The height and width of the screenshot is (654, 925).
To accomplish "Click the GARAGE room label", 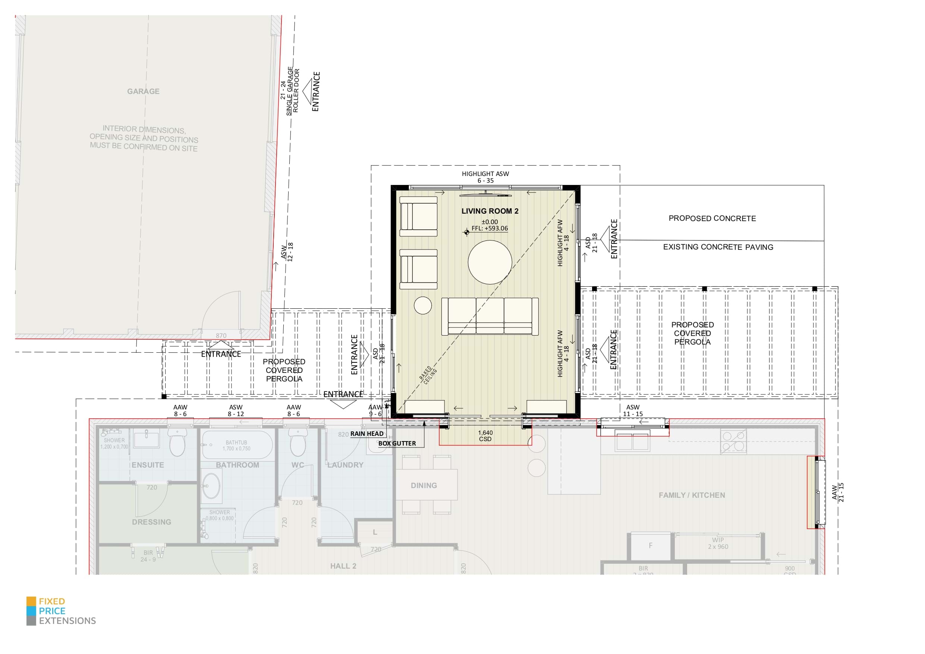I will pyautogui.click(x=143, y=91).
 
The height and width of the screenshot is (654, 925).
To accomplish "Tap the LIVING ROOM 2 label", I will pyautogui.click(x=490, y=211).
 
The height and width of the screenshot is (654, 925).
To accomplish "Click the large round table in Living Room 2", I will pyautogui.click(x=490, y=262).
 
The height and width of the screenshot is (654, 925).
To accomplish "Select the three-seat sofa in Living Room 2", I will pyautogui.click(x=490, y=316).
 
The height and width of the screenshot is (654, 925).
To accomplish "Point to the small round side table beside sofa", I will pyautogui.click(x=423, y=305).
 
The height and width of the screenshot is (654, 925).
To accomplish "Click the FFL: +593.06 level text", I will pyautogui.click(x=490, y=229).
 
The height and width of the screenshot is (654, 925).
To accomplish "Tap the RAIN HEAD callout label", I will pyautogui.click(x=366, y=434).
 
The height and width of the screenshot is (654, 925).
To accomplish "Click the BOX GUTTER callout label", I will pyautogui.click(x=397, y=443).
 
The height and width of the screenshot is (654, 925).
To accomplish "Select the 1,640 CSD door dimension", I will pyautogui.click(x=485, y=436).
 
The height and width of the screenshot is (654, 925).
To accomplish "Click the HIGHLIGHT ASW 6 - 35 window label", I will pyautogui.click(x=485, y=177).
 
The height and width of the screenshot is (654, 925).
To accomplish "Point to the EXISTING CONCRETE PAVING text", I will pyautogui.click(x=718, y=248).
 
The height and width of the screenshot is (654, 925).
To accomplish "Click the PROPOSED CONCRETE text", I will pyautogui.click(x=712, y=218).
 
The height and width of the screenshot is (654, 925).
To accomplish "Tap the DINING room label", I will pyautogui.click(x=424, y=485).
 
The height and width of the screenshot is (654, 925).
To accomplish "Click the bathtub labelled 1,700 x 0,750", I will pyautogui.click(x=236, y=445).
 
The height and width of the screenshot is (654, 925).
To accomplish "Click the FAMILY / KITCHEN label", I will pyautogui.click(x=691, y=495).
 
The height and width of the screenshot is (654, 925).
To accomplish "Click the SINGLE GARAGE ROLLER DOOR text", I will pyautogui.click(x=293, y=91).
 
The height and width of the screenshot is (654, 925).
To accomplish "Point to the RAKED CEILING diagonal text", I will pyautogui.click(x=428, y=375).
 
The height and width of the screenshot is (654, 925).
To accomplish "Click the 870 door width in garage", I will pyautogui.click(x=221, y=336).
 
